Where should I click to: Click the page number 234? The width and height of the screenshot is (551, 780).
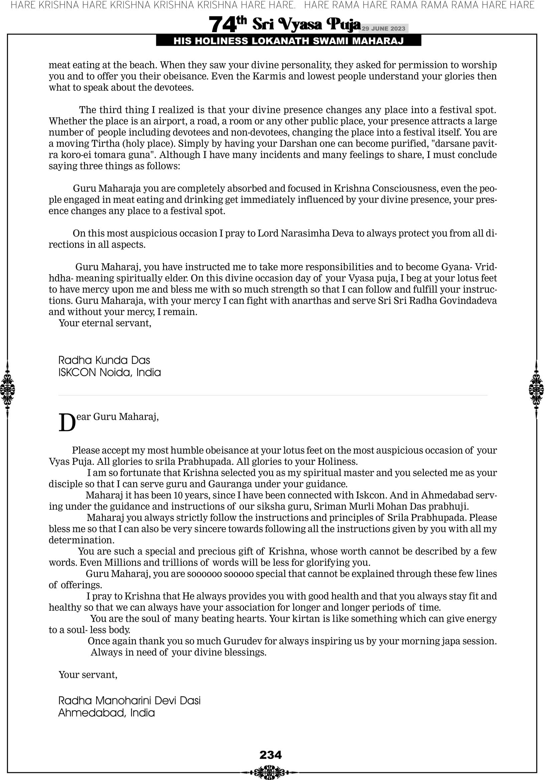[270, 755]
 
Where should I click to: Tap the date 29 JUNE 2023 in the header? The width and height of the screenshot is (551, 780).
[383, 28]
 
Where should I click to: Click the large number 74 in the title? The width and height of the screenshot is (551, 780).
[222, 25]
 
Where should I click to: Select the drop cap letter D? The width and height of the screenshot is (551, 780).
[67, 423]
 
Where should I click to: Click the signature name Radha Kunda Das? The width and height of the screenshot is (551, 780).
[104, 360]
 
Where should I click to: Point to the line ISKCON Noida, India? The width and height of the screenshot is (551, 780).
[110, 372]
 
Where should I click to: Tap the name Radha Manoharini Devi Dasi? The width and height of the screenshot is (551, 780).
[130, 700]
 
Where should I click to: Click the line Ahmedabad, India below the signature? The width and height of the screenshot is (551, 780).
[106, 713]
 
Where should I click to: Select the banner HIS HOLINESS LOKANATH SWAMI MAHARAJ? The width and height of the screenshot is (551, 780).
[289, 41]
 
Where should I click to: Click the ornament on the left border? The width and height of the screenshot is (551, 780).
[7, 389]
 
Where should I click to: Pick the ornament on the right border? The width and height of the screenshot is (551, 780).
[536, 389]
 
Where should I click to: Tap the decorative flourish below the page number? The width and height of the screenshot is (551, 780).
[270, 772]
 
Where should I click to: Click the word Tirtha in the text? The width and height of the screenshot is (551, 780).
[106, 143]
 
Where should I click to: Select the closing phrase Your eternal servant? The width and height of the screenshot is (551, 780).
[105, 323]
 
